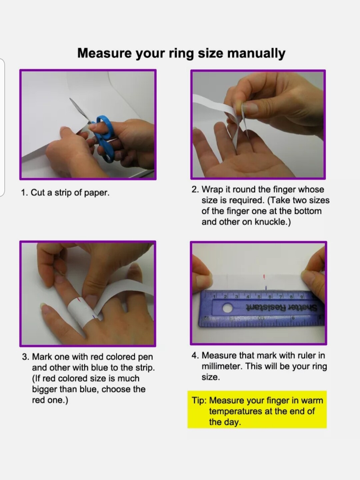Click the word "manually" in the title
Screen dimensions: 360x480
point(256,53)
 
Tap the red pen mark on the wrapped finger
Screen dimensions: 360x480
point(79,300)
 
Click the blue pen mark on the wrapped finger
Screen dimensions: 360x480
point(94,316)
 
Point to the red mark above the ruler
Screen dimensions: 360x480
point(264,277)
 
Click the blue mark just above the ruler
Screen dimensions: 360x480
point(266,288)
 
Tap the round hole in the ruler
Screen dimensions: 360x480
point(228,308)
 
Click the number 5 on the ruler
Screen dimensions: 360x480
point(259,297)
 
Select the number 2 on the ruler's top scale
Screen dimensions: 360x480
point(225,297)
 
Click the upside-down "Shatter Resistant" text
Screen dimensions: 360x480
point(282,307)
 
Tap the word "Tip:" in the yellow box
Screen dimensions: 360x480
point(199,400)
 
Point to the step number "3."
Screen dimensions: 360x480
point(26,357)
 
